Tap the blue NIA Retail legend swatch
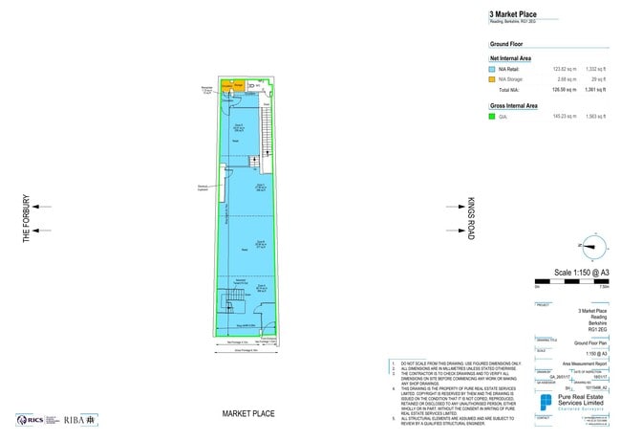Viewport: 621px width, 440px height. pos(493,70)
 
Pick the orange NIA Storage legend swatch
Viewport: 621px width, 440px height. pos(493,79)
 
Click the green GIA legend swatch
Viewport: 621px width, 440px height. pos(493,116)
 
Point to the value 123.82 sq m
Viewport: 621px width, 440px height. pos(567,70)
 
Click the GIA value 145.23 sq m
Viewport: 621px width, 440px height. pos(567,116)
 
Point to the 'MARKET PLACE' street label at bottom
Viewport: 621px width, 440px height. pos(248,413)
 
